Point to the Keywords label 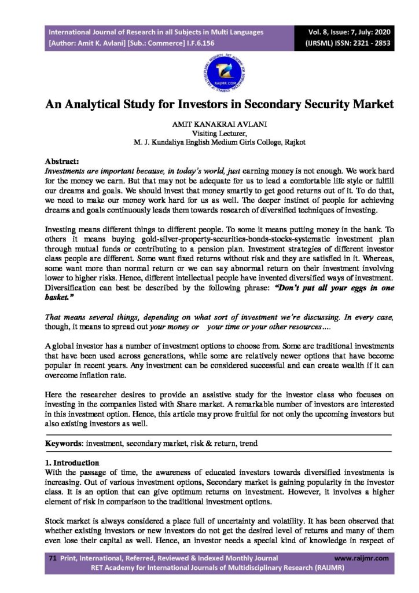click(x=64, y=444)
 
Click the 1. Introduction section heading click(x=72, y=463)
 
